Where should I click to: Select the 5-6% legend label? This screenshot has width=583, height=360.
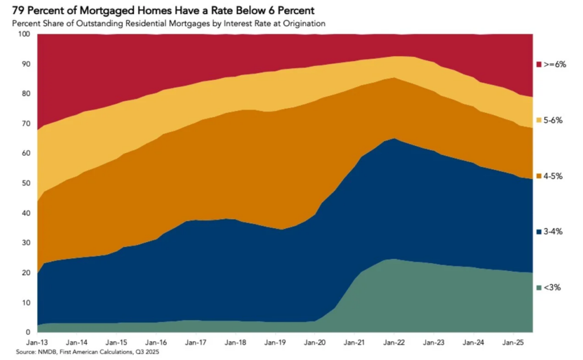(x=553, y=121)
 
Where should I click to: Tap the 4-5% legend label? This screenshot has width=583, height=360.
(x=553, y=176)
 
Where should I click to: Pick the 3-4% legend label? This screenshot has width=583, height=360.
(x=553, y=232)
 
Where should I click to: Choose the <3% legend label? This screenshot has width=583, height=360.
(x=552, y=287)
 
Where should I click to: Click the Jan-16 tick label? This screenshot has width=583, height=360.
(x=156, y=343)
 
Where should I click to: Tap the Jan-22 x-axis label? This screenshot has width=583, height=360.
(x=394, y=343)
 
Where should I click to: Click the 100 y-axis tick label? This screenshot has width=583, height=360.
(x=24, y=34)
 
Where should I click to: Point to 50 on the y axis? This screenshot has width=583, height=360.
(x=26, y=183)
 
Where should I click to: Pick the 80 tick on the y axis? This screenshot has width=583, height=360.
(x=26, y=94)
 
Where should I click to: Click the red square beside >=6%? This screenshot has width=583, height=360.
(x=539, y=64)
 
